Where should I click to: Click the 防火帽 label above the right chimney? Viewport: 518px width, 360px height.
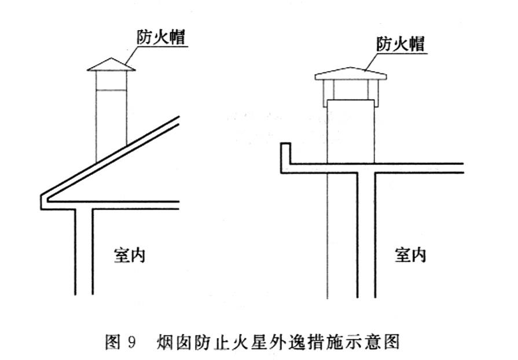point(401,44)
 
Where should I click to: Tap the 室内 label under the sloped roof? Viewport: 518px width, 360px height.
point(129,255)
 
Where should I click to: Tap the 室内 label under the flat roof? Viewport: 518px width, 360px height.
point(410,255)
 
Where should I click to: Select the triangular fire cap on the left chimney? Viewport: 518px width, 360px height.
point(111,64)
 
